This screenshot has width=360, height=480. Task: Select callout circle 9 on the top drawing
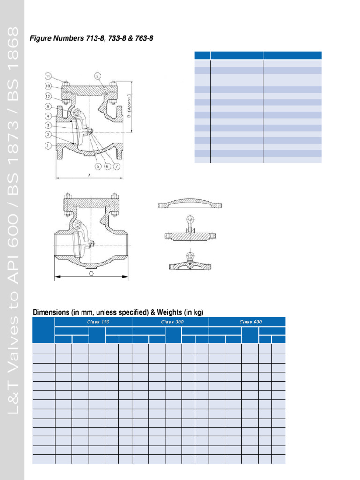tap(97, 75)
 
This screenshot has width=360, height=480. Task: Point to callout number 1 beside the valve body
tap(48, 145)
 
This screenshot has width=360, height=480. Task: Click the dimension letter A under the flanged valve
tap(90, 175)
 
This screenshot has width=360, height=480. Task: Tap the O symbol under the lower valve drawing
tap(91, 273)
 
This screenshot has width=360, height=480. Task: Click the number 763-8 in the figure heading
tap(143, 38)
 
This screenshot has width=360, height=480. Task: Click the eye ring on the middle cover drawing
tap(189, 218)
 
